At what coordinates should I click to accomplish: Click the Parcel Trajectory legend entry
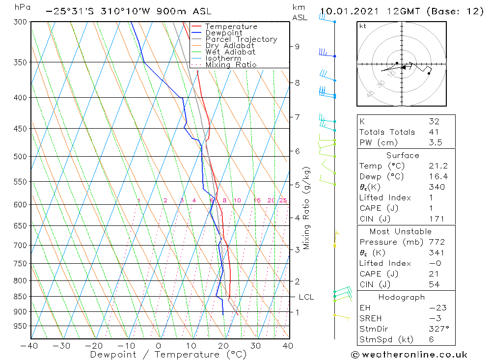pyautogui.click(x=241, y=39)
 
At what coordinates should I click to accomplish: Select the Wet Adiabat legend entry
pyautogui.click(x=230, y=52)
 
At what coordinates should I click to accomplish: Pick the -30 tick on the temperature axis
pyautogui.click(x=62, y=346)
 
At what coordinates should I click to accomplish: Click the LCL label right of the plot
pyautogui.click(x=306, y=297)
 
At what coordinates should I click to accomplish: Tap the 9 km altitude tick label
pyautogui.click(x=298, y=47)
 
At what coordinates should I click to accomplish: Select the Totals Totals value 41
pyautogui.click(x=434, y=132)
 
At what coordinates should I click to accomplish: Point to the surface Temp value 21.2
pyautogui.click(x=438, y=166)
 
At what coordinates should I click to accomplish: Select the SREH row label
pyautogui.click(x=370, y=319)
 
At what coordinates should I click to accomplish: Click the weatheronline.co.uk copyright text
pyautogui.click(x=409, y=355)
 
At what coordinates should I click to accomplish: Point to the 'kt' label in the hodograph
pyautogui.click(x=362, y=26)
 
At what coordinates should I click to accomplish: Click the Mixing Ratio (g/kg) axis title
pyautogui.click(x=307, y=208)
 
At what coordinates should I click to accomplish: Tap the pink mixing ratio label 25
pyautogui.click(x=283, y=200)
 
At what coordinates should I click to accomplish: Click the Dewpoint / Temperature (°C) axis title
pyautogui.click(x=168, y=355)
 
